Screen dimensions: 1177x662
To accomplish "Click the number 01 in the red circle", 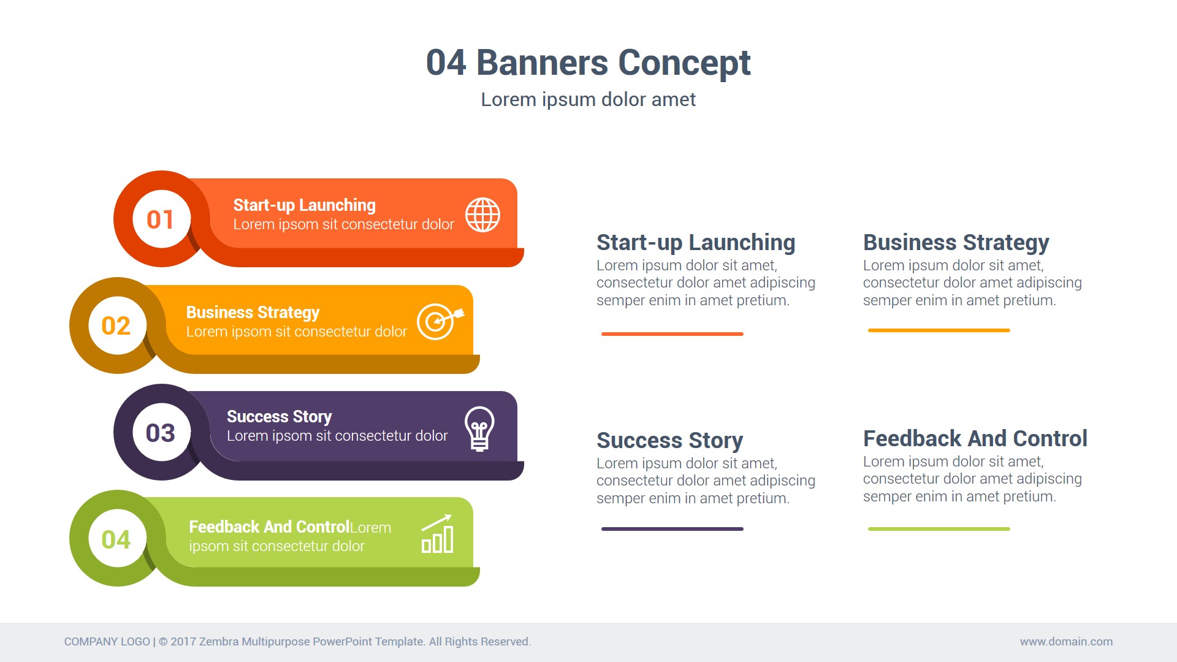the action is [161, 219].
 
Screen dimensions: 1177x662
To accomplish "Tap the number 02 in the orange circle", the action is [116, 326].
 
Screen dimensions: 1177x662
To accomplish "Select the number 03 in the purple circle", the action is [161, 433].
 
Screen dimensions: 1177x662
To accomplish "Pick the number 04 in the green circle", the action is [116, 539].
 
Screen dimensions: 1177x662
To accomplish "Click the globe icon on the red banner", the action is [482, 215].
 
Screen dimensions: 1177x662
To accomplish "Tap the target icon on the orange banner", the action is [439, 321].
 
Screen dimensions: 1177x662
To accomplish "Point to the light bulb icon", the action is [479, 428].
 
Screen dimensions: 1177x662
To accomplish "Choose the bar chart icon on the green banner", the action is [437, 534].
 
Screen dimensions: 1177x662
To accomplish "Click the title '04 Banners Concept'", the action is [588, 63].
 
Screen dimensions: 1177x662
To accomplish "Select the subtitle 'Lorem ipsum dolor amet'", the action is [588, 99].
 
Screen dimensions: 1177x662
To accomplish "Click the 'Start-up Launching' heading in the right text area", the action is [696, 243].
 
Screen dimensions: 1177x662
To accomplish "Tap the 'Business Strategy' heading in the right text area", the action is [956, 243].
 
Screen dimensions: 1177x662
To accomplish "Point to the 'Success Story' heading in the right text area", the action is [670, 440].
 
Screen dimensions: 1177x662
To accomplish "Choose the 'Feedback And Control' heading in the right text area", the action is [975, 438].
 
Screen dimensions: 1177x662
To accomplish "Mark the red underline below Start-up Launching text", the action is [672, 334].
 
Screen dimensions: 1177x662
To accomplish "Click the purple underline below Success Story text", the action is [672, 529].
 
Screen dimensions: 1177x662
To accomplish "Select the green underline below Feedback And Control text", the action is [939, 529].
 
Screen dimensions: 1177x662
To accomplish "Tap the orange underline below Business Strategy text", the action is [939, 330].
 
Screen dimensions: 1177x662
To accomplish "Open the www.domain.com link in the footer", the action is [1066, 642].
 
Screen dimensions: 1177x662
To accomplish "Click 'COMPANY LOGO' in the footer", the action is [107, 642].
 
